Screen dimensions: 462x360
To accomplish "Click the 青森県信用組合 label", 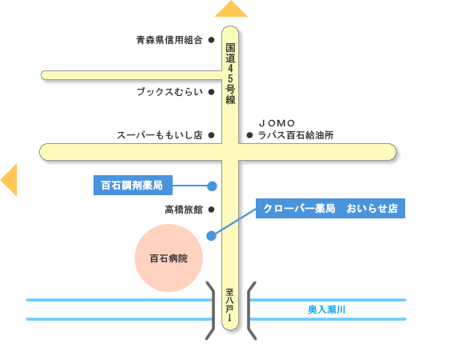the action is [x=169, y=40].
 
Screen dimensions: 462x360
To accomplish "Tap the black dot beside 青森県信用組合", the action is [x=211, y=40].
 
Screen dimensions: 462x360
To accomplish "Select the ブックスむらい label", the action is [x=169, y=92].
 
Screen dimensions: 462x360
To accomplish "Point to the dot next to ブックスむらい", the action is [x=211, y=92].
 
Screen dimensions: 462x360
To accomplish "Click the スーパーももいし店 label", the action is [x=160, y=135].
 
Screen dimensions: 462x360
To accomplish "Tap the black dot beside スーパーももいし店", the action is [x=211, y=135].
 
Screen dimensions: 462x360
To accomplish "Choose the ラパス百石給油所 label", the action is [x=296, y=135].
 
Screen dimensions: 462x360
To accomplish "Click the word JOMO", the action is [x=277, y=123].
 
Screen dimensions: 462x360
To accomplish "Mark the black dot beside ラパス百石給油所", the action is [x=249, y=135].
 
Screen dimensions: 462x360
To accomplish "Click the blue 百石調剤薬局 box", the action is [x=133, y=185].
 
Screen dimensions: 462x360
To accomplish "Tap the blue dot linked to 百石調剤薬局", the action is [x=212, y=186].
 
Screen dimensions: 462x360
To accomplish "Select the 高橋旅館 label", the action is [x=184, y=210].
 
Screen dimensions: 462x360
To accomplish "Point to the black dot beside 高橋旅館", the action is [x=211, y=210].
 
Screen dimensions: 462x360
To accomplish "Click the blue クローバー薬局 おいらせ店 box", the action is [x=330, y=209].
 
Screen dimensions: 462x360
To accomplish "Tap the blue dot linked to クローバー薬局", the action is [x=211, y=235].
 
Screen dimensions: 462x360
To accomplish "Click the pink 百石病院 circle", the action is [x=169, y=258].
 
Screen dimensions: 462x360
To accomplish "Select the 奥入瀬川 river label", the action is [x=326, y=310].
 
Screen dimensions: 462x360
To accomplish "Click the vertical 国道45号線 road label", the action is [x=230, y=74].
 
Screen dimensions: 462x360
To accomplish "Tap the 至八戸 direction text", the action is [x=229, y=305].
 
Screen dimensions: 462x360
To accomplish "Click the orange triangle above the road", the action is [x=231, y=10].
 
